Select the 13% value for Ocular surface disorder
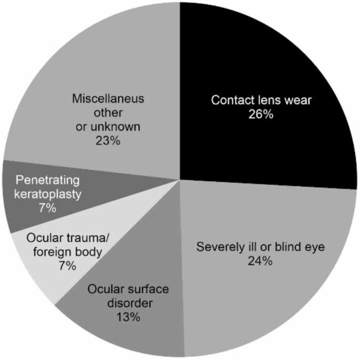pyautogui.click(x=129, y=317)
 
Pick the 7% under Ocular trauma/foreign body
pyautogui.click(x=68, y=266)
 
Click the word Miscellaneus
pyautogui.click(x=108, y=99)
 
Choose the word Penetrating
pyautogui.click(x=47, y=181)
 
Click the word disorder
pyautogui.click(x=129, y=303)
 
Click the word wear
pyautogui.click(x=294, y=100)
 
